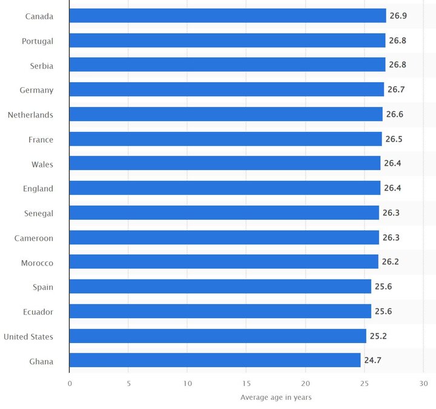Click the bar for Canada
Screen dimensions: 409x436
(227, 16)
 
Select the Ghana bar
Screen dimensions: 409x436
(214, 361)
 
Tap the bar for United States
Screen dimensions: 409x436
(217, 336)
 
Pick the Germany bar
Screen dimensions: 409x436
(226, 90)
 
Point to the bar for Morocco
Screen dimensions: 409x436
(223, 263)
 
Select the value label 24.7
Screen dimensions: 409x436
(373, 361)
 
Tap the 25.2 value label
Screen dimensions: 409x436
(379, 336)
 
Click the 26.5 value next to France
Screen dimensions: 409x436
(394, 139)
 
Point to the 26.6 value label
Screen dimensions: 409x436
(395, 114)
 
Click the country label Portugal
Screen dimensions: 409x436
(38, 41)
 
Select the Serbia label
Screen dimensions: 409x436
(42, 65)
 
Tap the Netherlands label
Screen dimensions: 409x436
(30, 115)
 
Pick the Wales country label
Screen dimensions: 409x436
(42, 164)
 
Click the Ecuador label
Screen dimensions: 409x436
(38, 312)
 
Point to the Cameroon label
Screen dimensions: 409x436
(34, 238)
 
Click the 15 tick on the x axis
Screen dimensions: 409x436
(246, 384)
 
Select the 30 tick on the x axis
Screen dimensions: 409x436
(423, 384)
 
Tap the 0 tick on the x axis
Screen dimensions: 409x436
(70, 384)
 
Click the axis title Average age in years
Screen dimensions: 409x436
(276, 398)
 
